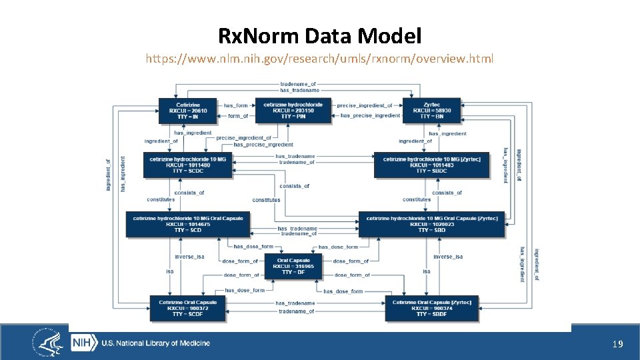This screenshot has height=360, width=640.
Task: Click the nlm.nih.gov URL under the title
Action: point(320,59)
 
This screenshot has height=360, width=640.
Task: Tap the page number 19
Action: point(617,344)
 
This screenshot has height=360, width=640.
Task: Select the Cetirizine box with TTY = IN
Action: point(188,111)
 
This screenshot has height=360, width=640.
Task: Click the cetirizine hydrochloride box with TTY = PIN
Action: point(293,111)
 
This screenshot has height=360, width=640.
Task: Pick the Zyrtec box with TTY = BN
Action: point(431,111)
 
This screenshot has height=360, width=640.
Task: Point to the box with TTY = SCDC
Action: point(187,165)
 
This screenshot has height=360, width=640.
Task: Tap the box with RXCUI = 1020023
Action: point(432,225)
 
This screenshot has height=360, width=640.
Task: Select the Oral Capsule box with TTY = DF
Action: point(293,266)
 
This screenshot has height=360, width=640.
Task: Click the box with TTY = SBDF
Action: point(431,308)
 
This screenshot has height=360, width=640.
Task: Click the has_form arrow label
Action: point(235,105)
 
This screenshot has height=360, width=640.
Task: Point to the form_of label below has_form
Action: point(238,116)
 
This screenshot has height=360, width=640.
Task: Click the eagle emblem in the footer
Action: point(49,343)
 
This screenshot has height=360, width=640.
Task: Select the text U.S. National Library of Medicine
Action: point(155,343)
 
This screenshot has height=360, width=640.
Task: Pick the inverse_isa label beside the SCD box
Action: point(189,257)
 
